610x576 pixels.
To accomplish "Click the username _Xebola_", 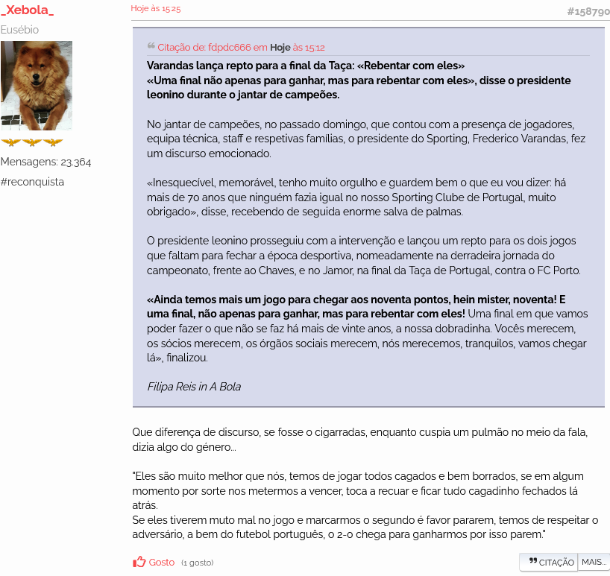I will [x=28, y=10].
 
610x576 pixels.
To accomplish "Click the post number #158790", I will [x=588, y=11].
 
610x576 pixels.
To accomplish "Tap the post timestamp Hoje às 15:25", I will [x=155, y=9].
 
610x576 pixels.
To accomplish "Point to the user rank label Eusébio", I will [x=20, y=30].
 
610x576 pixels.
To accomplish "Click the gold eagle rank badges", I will [x=31, y=142].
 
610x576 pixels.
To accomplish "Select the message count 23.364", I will [x=75, y=162].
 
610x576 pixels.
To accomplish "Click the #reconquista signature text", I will [x=33, y=182].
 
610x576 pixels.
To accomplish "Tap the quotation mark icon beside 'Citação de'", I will [x=151, y=46].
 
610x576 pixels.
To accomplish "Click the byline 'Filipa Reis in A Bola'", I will [x=194, y=387].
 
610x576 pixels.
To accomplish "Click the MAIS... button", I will [x=594, y=562].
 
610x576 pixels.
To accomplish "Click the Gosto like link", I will [x=162, y=563].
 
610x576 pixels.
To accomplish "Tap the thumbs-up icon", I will [x=139, y=562].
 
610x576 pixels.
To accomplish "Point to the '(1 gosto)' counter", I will [x=197, y=563].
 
